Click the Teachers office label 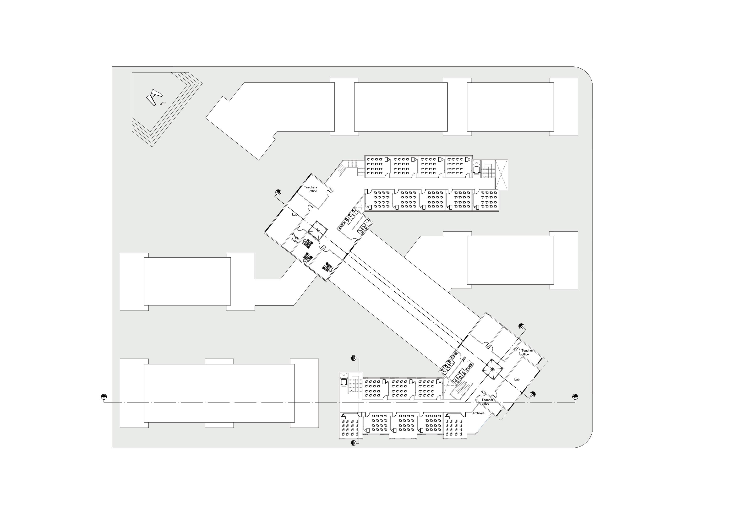311,189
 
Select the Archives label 478,413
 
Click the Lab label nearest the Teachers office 295,214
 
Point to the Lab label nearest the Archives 517,379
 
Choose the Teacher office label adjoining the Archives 487,402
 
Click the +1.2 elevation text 164,103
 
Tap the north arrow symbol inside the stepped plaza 154,97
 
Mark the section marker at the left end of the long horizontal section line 104,397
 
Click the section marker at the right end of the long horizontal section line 575,397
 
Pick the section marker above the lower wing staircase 354,358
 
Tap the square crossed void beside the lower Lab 492,369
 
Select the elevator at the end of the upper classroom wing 476,169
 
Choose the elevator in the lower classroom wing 344,382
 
